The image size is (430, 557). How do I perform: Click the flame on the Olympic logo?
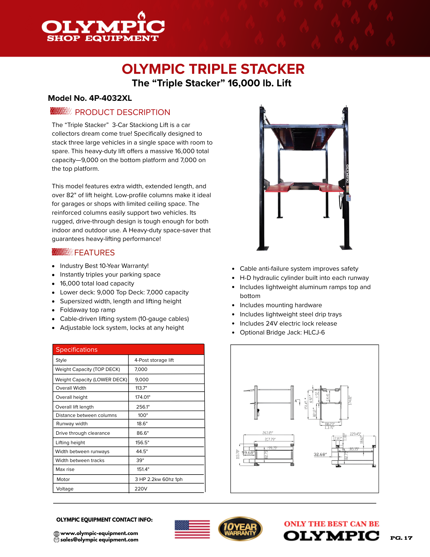(142, 16)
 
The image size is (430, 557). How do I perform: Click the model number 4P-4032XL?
(110, 98)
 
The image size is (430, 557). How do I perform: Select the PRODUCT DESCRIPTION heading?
(122, 112)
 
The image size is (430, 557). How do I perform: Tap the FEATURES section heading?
(94, 253)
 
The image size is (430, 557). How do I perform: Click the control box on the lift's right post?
(348, 198)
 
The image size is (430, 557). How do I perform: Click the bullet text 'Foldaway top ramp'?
(88, 310)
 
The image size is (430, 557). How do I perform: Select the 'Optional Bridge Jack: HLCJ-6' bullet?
(282, 333)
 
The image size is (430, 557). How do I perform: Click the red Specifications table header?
(128, 350)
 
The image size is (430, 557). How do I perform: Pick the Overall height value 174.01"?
(143, 397)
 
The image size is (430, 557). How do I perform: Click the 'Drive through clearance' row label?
(83, 433)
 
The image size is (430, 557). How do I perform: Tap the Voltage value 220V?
(141, 489)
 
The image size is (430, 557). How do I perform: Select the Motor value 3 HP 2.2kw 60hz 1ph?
(159, 479)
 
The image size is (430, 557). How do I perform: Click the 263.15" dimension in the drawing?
(268, 433)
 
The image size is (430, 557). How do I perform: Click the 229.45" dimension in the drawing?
(355, 434)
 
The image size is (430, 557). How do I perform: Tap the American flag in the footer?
(192, 529)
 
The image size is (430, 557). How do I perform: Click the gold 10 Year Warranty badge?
(240, 529)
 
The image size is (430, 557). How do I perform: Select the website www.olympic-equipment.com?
(99, 533)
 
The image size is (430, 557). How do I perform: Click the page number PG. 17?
(401, 538)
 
